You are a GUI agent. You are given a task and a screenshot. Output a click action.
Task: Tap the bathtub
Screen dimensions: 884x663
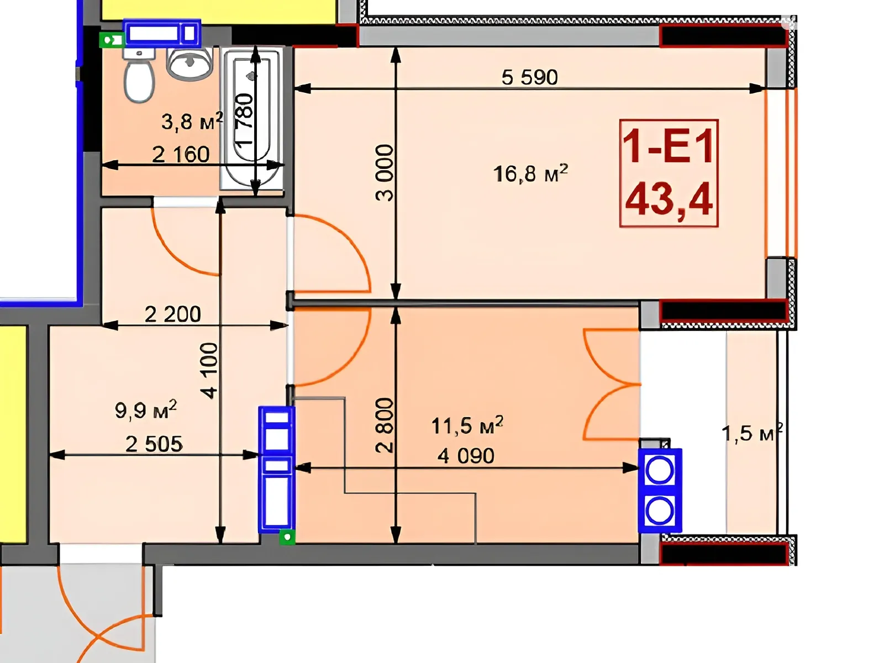click(x=252, y=118)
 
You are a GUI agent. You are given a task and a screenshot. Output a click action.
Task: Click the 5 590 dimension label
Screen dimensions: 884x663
click(x=530, y=77)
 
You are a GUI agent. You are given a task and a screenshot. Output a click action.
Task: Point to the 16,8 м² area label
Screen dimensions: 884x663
click(x=530, y=173)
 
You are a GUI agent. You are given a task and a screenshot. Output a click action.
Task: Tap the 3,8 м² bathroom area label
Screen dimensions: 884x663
click(x=192, y=121)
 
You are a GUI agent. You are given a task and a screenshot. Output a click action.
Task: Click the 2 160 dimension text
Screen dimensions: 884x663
click(x=181, y=155)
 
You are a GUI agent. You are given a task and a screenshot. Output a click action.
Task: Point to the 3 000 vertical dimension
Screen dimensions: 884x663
click(x=384, y=173)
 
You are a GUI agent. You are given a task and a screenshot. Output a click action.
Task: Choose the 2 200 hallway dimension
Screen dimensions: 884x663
click(x=172, y=314)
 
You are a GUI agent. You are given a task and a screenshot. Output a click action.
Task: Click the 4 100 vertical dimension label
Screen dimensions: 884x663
click(x=209, y=371)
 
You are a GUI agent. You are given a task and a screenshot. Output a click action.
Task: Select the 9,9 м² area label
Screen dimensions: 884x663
click(x=146, y=410)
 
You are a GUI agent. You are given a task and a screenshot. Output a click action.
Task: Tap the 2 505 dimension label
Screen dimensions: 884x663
click(x=154, y=444)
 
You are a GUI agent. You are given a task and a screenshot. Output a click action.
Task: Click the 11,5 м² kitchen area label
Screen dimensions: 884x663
click(x=467, y=425)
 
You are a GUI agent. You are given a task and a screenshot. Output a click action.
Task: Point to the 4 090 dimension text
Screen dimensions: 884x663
click(x=466, y=456)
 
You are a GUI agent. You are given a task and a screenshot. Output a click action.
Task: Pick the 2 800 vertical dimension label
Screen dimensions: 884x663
click(x=384, y=425)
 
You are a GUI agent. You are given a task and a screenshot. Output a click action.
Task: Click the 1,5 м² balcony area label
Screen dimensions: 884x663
click(x=752, y=433)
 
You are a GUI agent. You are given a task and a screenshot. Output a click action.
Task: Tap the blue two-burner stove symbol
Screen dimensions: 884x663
click(x=660, y=490)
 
